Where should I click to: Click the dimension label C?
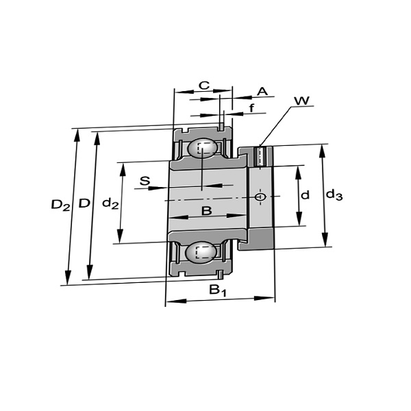click(x=204, y=86)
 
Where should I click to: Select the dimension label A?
click(x=262, y=92)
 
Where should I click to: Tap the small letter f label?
click(x=251, y=108)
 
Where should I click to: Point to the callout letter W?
click(x=301, y=101)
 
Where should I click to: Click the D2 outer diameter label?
click(x=60, y=205)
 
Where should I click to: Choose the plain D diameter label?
click(x=84, y=203)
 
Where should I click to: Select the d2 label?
click(x=110, y=203)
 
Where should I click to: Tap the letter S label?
click(x=145, y=181)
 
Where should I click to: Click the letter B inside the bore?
click(x=206, y=210)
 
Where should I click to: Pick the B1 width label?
click(x=217, y=290)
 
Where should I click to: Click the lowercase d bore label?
click(x=305, y=195)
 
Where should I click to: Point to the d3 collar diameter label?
click(x=334, y=195)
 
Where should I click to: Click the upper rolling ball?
click(x=202, y=149)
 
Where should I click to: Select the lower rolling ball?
click(x=201, y=252)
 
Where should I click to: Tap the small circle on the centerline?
click(x=260, y=197)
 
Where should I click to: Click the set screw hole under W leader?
click(x=260, y=156)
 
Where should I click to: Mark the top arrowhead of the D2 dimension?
click(x=77, y=135)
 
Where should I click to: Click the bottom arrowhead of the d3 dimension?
click(x=325, y=240)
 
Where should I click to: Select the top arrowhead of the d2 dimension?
click(x=123, y=169)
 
